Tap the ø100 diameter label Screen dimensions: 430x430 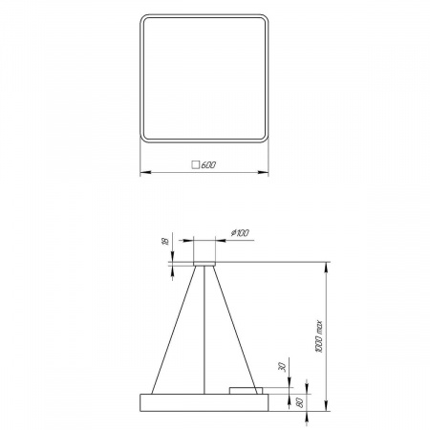[x=240, y=232]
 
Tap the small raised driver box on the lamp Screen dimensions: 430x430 [x=244, y=388]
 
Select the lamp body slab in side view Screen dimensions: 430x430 [x=204, y=398]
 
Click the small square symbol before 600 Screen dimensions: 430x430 [x=196, y=164]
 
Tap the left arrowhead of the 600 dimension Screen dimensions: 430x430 [x=143, y=172]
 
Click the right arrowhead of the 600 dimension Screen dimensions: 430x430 [x=266, y=172]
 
